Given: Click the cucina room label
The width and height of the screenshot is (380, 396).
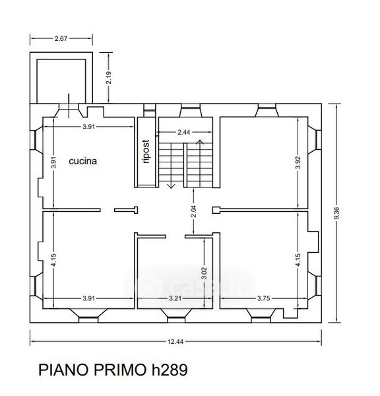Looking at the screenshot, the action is [83, 161].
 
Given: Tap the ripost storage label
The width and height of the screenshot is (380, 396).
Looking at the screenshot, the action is [146, 152].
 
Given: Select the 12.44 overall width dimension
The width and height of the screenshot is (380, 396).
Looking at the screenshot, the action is [175, 342].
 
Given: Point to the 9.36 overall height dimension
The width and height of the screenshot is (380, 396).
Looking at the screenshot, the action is [336, 213].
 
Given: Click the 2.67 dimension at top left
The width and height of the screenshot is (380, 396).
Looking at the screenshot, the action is [61, 38].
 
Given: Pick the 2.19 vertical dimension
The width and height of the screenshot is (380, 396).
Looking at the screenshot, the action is [109, 77].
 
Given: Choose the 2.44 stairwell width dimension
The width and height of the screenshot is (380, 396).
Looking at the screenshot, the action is [183, 132].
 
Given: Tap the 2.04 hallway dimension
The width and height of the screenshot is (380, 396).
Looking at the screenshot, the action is [194, 211].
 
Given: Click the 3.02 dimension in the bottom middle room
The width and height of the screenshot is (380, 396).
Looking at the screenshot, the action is [205, 273].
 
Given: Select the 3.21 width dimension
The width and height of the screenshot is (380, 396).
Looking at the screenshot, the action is [175, 298].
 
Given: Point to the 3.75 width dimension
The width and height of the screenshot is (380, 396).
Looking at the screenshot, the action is [264, 298].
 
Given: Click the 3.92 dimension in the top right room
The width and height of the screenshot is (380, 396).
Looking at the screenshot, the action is [298, 162].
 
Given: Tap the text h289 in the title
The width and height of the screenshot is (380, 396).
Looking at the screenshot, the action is [170, 370].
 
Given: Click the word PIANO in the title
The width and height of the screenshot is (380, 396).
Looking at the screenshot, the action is [64, 370].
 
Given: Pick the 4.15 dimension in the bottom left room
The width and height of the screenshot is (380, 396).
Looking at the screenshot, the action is [53, 260].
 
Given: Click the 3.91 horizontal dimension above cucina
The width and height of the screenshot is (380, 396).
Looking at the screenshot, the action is [89, 127].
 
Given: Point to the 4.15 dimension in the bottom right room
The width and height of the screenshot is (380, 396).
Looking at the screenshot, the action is [298, 260].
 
